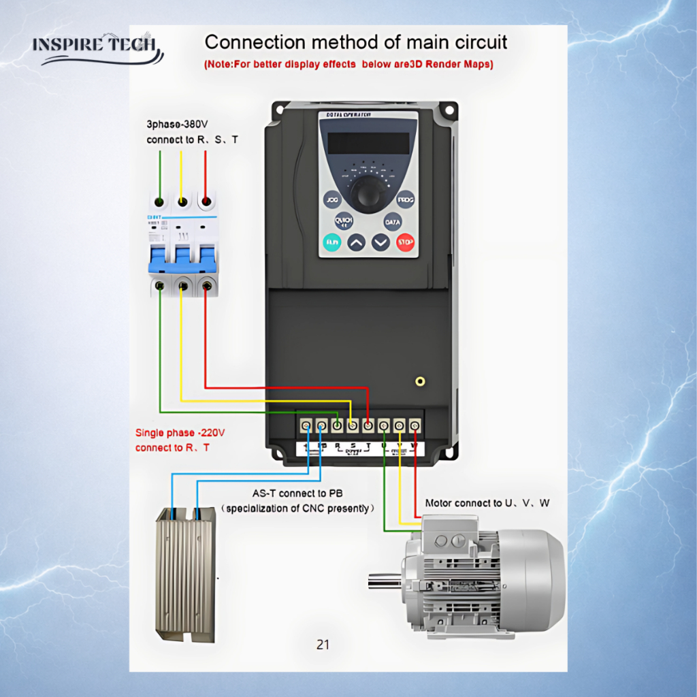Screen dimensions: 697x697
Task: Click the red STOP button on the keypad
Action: click(x=406, y=242)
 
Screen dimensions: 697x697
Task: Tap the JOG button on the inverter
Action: click(x=332, y=201)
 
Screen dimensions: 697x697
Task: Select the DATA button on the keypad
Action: click(x=393, y=222)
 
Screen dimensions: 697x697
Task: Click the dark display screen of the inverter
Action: click(x=368, y=143)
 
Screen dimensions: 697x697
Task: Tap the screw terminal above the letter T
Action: click(x=368, y=426)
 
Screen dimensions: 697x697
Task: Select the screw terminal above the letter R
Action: click(x=337, y=426)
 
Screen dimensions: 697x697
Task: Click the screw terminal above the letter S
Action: click(x=353, y=426)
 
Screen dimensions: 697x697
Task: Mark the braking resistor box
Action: click(x=185, y=572)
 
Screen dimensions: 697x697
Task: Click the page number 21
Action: click(x=323, y=644)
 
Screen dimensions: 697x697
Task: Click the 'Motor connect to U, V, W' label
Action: click(x=487, y=503)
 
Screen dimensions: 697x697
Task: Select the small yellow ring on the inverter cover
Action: click(x=421, y=381)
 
